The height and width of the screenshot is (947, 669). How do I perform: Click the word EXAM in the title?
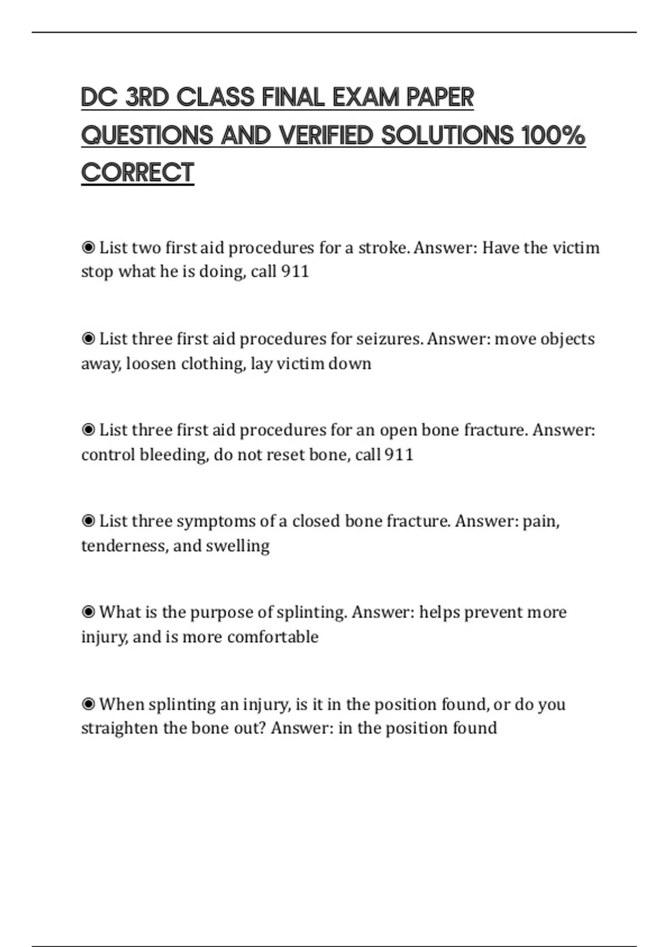[366, 97]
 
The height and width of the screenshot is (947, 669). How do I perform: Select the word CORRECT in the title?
[138, 173]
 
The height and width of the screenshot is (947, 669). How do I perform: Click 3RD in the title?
[147, 97]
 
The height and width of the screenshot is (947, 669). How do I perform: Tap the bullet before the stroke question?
[88, 247]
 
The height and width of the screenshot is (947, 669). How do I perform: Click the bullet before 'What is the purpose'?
[88, 612]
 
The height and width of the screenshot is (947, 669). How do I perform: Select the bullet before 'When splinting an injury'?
[88, 704]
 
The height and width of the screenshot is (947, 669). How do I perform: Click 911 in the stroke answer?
[295, 272]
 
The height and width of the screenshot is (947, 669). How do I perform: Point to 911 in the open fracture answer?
[399, 455]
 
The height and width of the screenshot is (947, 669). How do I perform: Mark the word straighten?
[120, 728]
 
